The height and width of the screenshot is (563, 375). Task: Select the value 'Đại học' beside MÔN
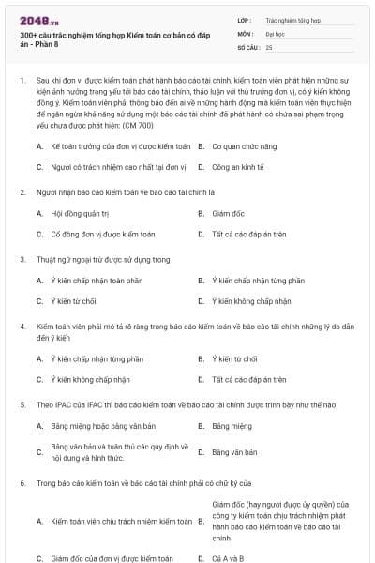click(274, 32)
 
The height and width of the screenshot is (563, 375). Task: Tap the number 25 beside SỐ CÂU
click(269, 46)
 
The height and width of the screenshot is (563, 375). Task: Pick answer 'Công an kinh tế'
click(240, 167)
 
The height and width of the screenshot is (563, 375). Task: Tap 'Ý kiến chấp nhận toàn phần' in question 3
click(97, 281)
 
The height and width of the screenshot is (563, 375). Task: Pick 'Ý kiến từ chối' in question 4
click(235, 359)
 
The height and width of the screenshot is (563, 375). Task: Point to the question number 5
click(22, 404)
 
